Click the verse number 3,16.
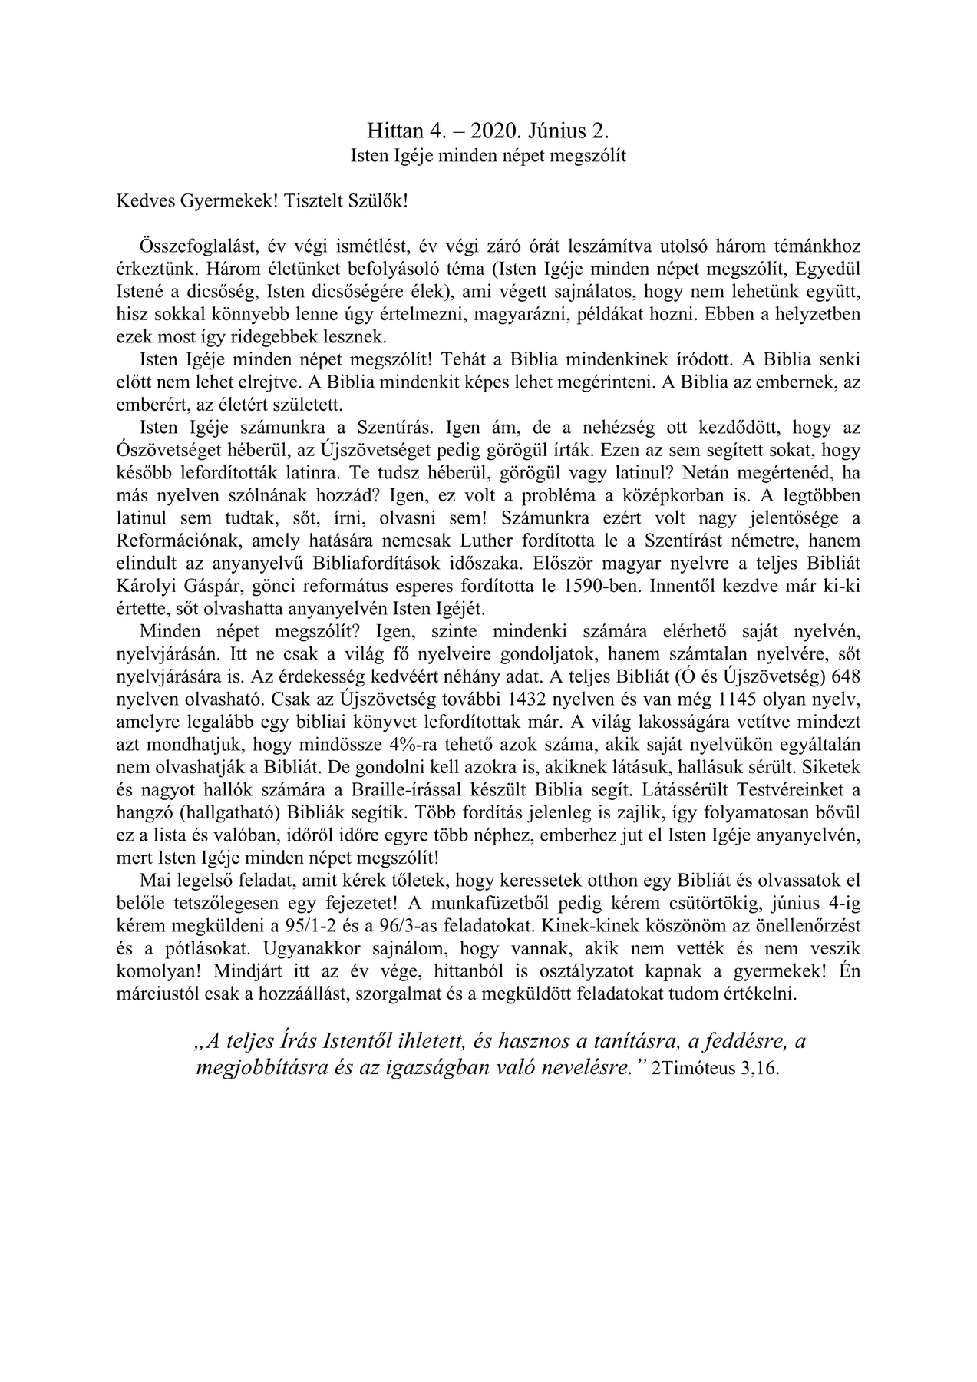click(760, 1069)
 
